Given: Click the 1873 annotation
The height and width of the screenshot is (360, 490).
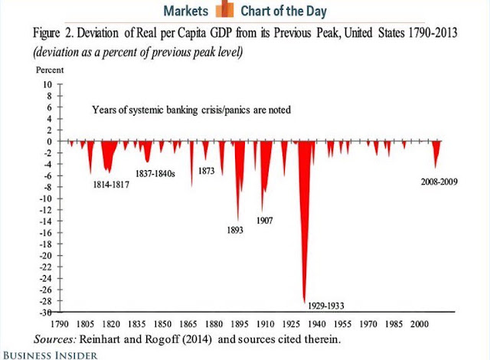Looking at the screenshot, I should (207, 171).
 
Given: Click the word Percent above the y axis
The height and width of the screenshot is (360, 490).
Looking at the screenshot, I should (49, 69).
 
